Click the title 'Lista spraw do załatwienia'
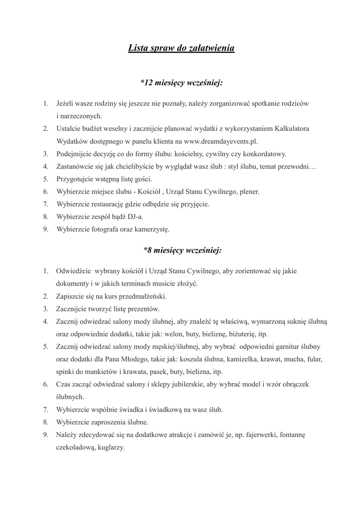coord(181,48)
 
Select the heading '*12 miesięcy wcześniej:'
coord(181,81)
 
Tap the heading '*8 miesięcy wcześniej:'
coord(181,249)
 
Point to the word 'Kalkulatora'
coord(292,128)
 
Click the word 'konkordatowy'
coord(265,153)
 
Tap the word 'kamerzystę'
coord(152,229)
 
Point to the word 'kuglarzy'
coord(109,447)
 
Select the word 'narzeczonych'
coord(80,116)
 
